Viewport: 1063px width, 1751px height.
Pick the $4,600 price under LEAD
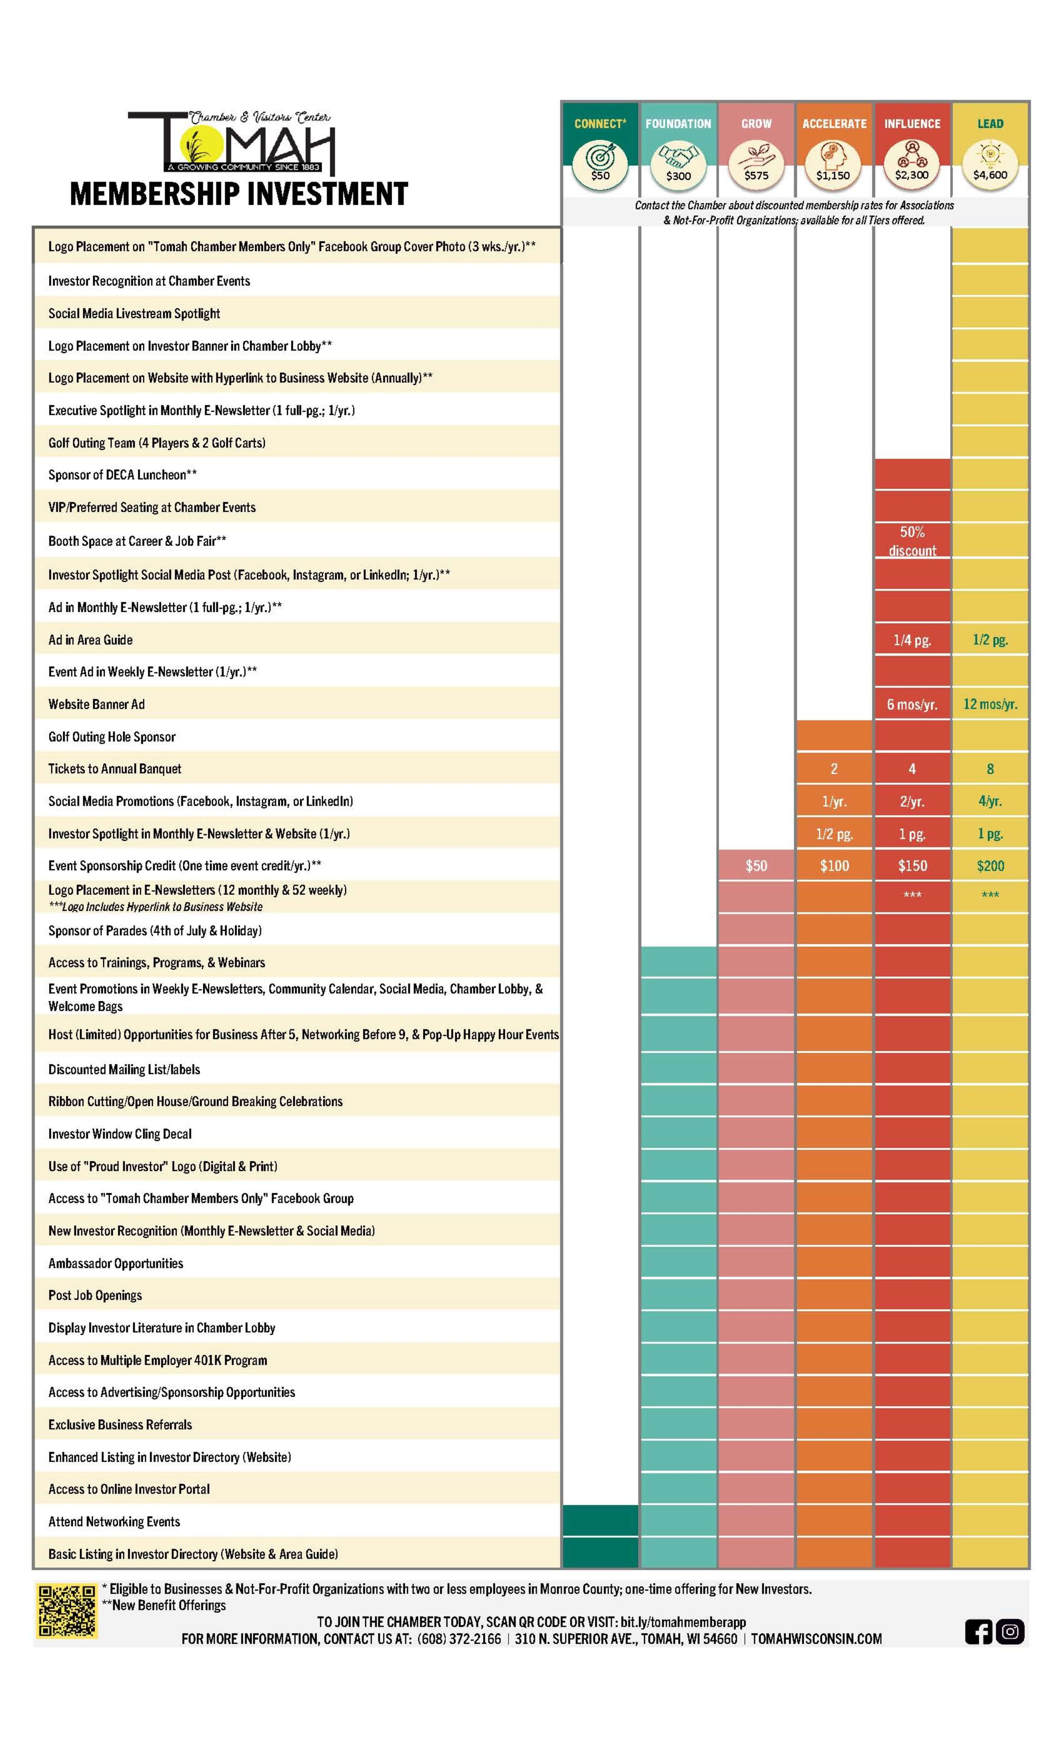pyautogui.click(x=990, y=175)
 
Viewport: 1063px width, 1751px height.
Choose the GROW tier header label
pyautogui.click(x=756, y=124)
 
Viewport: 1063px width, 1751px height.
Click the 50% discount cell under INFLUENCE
pyautogui.click(x=912, y=541)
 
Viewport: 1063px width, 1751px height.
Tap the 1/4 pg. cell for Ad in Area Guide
pyautogui.click(x=912, y=640)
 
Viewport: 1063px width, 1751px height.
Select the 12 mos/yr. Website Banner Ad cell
pyautogui.click(x=990, y=704)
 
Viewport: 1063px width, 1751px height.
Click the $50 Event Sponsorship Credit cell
pyautogui.click(x=756, y=865)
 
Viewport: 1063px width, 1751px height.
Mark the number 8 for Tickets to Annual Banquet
pyautogui.click(x=990, y=769)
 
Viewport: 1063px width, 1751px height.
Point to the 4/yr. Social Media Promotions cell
pyautogui.click(x=990, y=801)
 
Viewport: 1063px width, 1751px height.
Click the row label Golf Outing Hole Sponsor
pyautogui.click(x=111, y=737)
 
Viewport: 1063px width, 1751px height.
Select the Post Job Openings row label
pyautogui.click(x=95, y=1295)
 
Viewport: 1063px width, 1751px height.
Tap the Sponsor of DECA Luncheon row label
pyautogui.click(x=122, y=475)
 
